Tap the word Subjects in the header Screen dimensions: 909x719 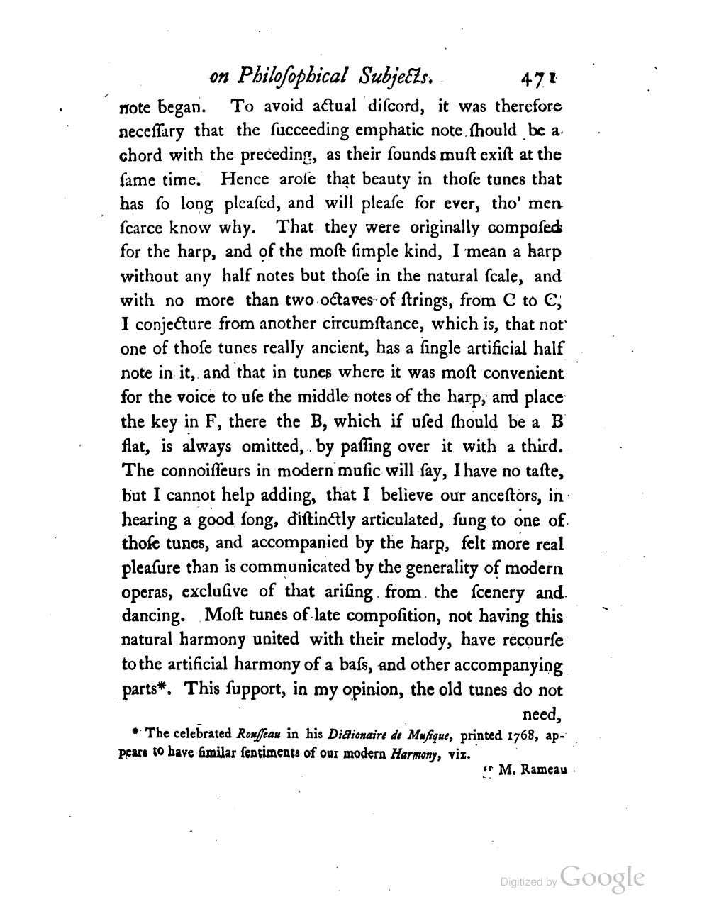click(393, 75)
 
